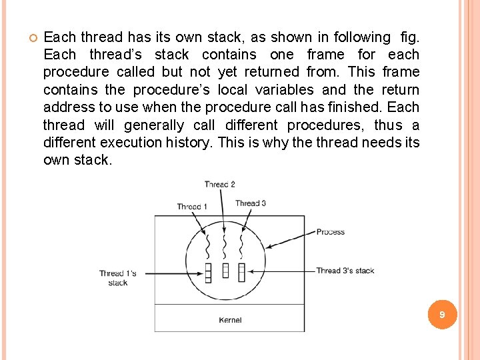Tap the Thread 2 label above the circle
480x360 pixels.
tap(219, 185)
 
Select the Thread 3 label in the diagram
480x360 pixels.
tap(251, 203)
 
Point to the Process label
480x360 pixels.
tap(330, 232)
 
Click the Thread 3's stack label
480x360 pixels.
tap(345, 271)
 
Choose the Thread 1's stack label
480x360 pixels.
tap(117, 277)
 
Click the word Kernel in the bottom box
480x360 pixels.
tap(230, 321)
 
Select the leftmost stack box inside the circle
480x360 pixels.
tap(207, 273)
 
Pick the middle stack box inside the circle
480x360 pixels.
tap(225, 270)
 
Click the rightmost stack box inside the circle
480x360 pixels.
tap(241, 272)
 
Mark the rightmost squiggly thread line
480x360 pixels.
tap(241, 247)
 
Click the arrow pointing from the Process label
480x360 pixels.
tap(290, 239)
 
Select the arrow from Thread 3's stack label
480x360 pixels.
tap(280, 271)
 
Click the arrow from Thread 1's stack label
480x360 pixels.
tap(170, 273)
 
